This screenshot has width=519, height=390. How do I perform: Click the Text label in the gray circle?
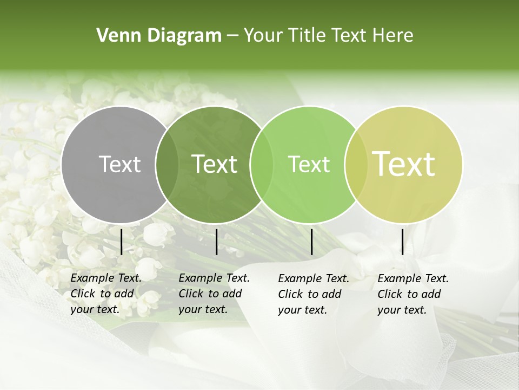(x=119, y=164)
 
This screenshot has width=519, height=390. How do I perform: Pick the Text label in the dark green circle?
(x=215, y=164)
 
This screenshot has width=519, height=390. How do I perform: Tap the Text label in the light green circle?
(x=309, y=164)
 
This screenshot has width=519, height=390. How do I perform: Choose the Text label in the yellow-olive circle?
(x=404, y=164)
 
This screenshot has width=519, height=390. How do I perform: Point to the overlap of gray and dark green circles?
(x=167, y=164)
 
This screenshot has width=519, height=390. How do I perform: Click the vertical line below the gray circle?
(x=122, y=242)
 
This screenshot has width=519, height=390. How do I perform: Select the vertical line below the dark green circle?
(x=216, y=242)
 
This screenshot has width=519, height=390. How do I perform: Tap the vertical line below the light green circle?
(x=312, y=242)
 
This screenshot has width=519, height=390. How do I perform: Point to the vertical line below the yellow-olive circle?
(x=402, y=242)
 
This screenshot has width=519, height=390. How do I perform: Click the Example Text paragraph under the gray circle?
(x=106, y=294)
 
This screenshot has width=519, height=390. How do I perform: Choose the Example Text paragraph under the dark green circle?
(x=214, y=294)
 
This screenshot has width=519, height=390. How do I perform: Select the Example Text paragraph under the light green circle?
(x=314, y=294)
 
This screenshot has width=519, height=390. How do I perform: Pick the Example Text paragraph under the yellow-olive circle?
(x=413, y=294)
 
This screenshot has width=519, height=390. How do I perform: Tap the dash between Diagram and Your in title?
(x=232, y=36)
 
